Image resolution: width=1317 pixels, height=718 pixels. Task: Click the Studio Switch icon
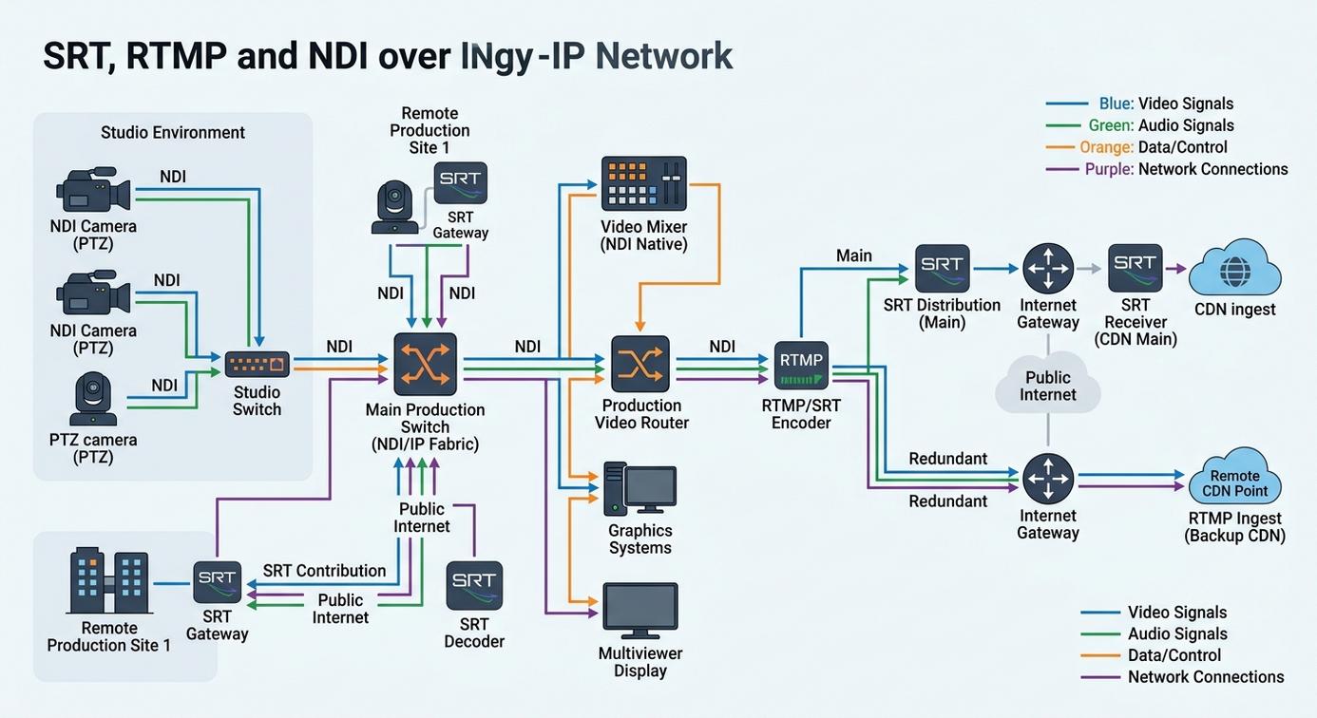pyautogui.click(x=257, y=365)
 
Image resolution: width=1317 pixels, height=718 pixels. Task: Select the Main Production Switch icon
pyautogui.click(x=425, y=365)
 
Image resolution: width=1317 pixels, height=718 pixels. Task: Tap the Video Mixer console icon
pyautogui.click(x=644, y=183)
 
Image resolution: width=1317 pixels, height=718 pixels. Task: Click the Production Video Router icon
pyautogui.click(x=640, y=365)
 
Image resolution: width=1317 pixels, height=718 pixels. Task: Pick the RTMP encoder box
pyautogui.click(x=801, y=366)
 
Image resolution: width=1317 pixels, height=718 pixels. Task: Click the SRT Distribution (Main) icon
pyautogui.click(x=942, y=269)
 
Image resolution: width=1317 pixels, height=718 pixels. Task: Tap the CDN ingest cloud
pyautogui.click(x=1234, y=268)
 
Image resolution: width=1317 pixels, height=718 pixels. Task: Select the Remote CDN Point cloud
pyautogui.click(x=1234, y=476)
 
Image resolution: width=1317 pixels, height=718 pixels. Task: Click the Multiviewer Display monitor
pyautogui.click(x=640, y=611)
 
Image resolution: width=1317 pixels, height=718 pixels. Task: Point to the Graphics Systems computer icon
pyautogui.click(x=640, y=489)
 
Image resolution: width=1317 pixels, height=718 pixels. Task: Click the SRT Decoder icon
pyautogui.click(x=474, y=586)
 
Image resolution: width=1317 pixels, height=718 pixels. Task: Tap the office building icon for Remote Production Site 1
pyautogui.click(x=109, y=580)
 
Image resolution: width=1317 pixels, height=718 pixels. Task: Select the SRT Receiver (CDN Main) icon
pyautogui.click(x=1135, y=268)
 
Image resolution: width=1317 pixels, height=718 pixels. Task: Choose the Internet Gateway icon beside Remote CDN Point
pyautogui.click(x=1048, y=479)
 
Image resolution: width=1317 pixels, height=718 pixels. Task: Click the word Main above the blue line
pyautogui.click(x=853, y=255)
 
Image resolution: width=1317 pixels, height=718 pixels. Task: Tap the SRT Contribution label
pyautogui.click(x=324, y=571)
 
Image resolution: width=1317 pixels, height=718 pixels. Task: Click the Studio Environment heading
pyautogui.click(x=172, y=132)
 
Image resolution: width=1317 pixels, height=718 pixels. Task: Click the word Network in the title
pyautogui.click(x=664, y=56)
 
